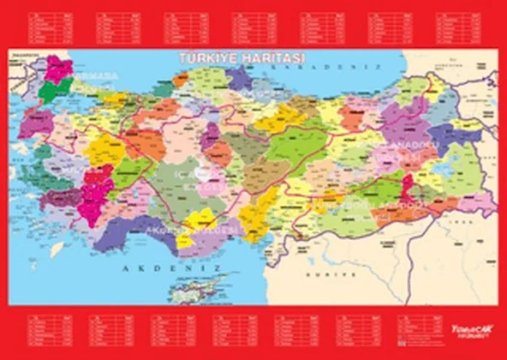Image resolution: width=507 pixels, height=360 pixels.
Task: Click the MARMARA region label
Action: point(99,86)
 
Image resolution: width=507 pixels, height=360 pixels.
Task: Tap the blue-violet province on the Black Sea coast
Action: point(241,79)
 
